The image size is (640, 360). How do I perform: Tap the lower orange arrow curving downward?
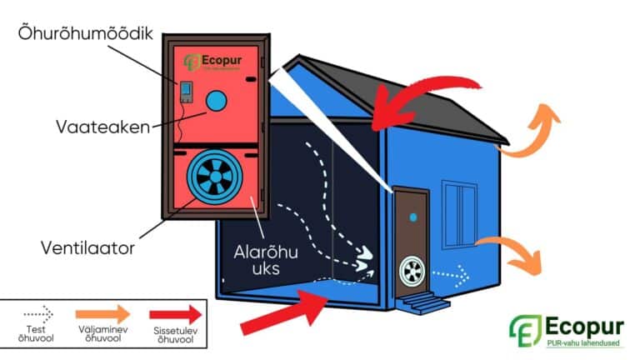coord(521,254)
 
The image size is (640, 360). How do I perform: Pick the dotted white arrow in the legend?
coord(37,314)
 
